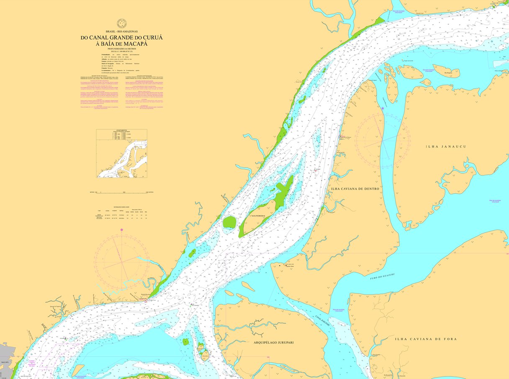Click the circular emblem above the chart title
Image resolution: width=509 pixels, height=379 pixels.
pyautogui.click(x=121, y=23)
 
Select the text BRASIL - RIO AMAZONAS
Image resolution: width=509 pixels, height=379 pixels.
pyautogui.click(x=121, y=32)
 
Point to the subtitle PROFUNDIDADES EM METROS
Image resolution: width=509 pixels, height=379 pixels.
pyautogui.click(x=121, y=49)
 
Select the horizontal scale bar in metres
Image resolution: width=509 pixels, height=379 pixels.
pyautogui.click(x=121, y=192)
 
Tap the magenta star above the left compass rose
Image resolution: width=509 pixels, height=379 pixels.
pyautogui.click(x=121, y=229)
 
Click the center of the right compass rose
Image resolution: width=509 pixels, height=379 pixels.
pyautogui.click(x=382, y=141)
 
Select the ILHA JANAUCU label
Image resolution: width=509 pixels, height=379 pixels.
pyautogui.click(x=445, y=147)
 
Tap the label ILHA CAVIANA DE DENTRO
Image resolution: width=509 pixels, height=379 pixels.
pyautogui.click(x=355, y=189)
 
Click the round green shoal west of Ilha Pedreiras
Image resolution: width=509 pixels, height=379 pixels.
pyautogui.click(x=229, y=222)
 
